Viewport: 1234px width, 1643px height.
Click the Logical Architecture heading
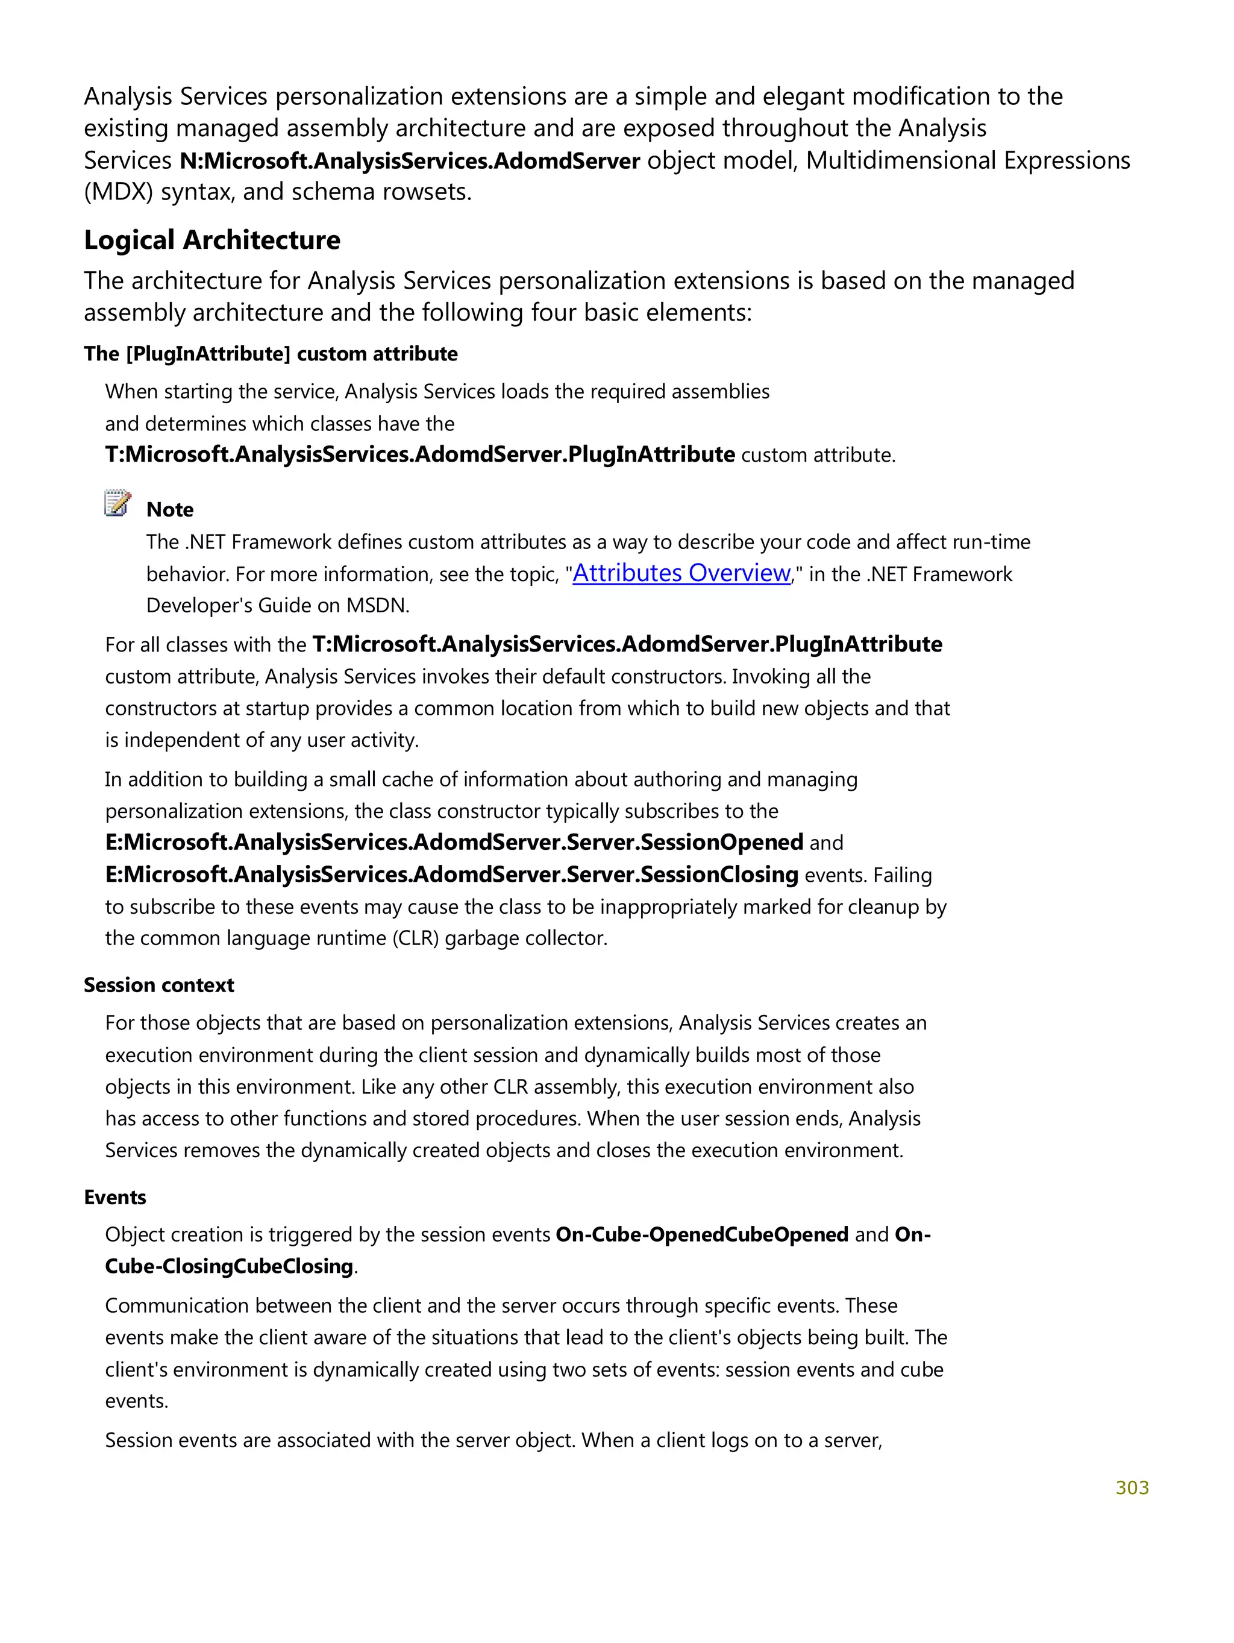(x=211, y=240)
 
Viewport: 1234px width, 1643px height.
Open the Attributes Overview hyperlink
(x=681, y=573)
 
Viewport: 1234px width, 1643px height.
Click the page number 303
(x=1132, y=1487)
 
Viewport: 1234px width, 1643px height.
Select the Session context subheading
(x=159, y=985)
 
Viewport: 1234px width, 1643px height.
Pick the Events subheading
(x=115, y=1198)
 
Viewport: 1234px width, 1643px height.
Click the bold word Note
(x=170, y=509)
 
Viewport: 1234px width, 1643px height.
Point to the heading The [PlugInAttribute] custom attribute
(x=271, y=354)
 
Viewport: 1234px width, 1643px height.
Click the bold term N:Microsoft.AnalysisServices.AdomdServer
(x=410, y=160)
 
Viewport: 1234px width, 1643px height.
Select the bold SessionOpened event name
(x=454, y=843)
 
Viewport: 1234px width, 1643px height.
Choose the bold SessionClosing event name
(x=451, y=874)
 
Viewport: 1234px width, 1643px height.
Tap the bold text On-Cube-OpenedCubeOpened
(x=701, y=1234)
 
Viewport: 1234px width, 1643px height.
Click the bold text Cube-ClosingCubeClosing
(x=229, y=1266)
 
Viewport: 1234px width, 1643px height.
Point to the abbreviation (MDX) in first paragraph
(x=119, y=192)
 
